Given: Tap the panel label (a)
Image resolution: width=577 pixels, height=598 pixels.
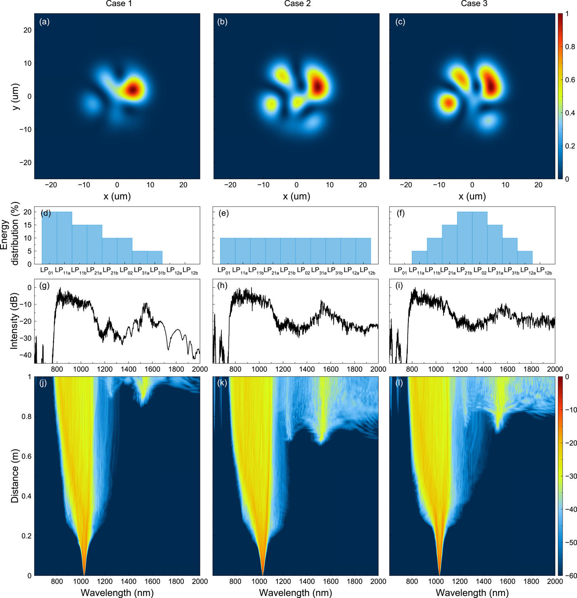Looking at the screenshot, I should tap(44, 22).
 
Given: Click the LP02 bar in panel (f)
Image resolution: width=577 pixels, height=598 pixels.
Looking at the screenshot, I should tap(480, 238).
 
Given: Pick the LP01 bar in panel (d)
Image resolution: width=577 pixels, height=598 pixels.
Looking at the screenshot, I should tap(49, 238).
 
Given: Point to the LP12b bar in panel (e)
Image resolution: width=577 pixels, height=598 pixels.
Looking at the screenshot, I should tap(363, 251).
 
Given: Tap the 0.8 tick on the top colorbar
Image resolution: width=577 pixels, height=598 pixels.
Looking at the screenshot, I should tap(570, 47).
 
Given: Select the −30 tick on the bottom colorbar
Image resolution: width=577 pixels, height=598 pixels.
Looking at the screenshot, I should tap(571, 476).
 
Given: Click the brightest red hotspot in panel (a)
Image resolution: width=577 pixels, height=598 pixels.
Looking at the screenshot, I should tap(133, 89).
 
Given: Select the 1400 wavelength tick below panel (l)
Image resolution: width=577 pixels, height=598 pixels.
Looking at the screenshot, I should tap(484, 581).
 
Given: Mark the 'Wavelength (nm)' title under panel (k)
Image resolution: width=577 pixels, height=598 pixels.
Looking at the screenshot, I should tap(295, 593).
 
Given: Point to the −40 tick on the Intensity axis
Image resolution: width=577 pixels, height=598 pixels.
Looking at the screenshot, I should tap(26, 355).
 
